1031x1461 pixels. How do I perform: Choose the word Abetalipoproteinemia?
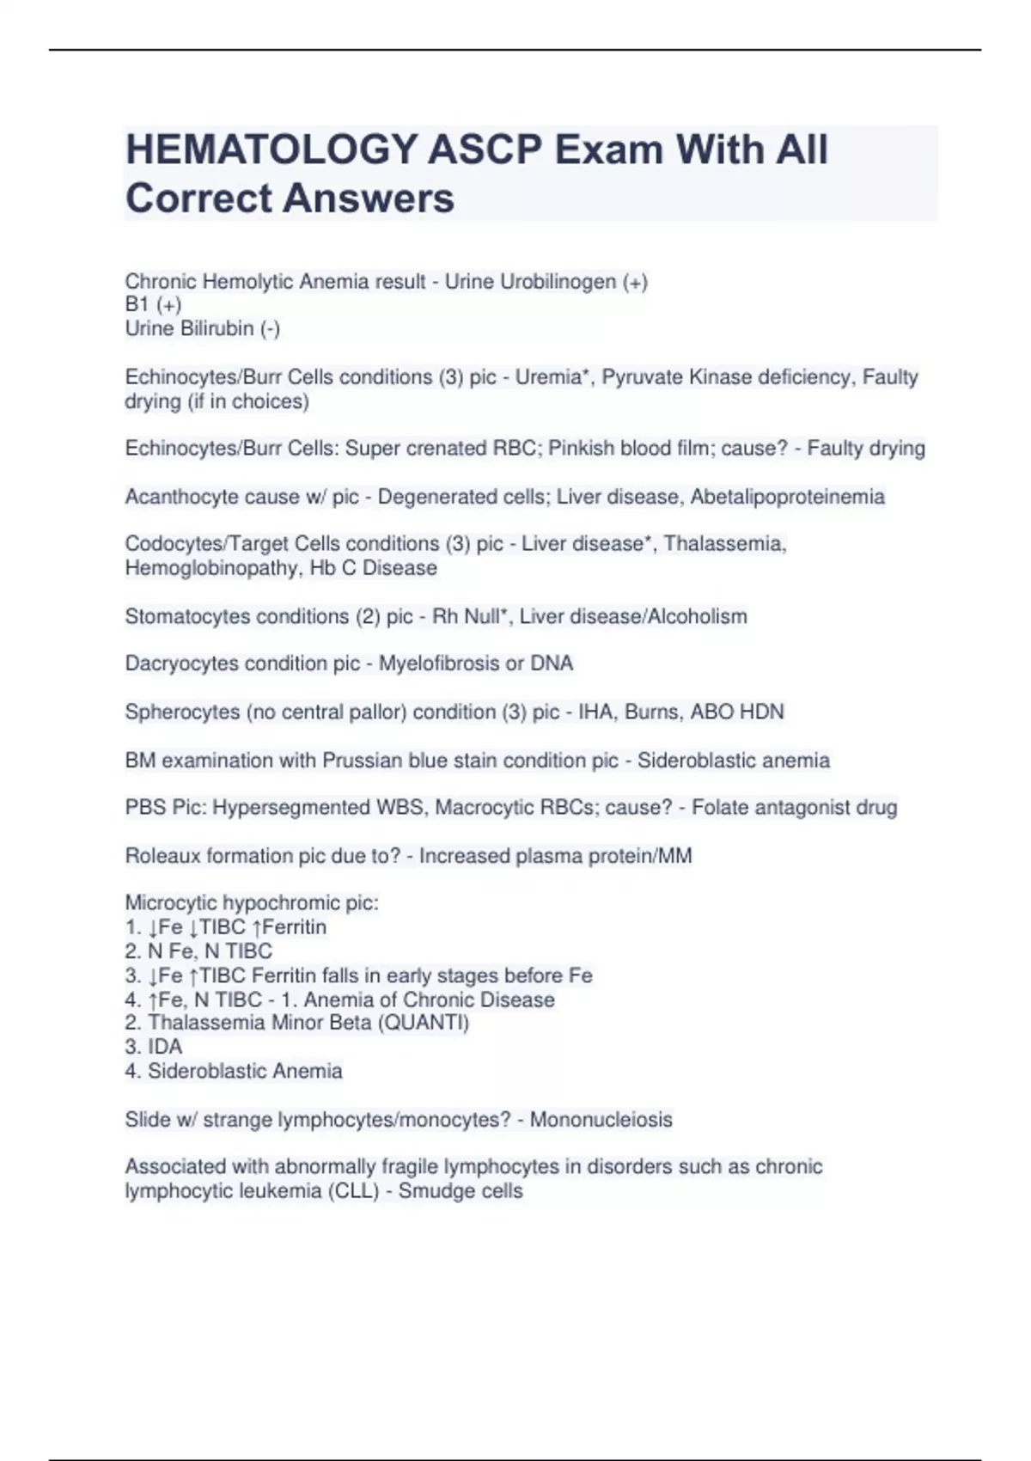point(787,497)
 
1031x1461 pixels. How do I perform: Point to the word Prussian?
point(361,761)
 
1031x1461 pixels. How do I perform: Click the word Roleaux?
point(162,856)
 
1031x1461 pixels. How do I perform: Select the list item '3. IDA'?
point(154,1047)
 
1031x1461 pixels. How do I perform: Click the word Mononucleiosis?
point(601,1120)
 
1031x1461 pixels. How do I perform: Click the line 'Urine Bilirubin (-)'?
point(203,329)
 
